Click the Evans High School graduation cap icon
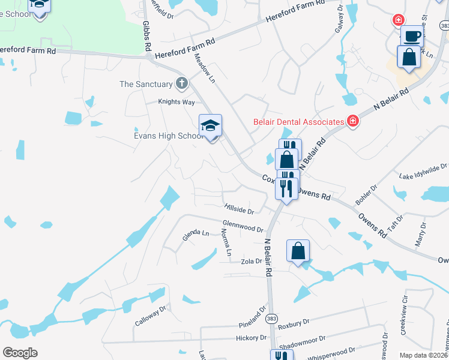[211, 126]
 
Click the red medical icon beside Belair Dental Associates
[354, 121]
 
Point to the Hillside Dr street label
[240, 211]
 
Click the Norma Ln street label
[226, 242]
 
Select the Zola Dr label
[252, 261]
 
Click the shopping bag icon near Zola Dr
[298, 251]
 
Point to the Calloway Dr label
[150, 316]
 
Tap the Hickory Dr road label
[251, 338]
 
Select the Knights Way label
[176, 102]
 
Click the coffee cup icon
[411, 35]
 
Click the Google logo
[20, 353]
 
